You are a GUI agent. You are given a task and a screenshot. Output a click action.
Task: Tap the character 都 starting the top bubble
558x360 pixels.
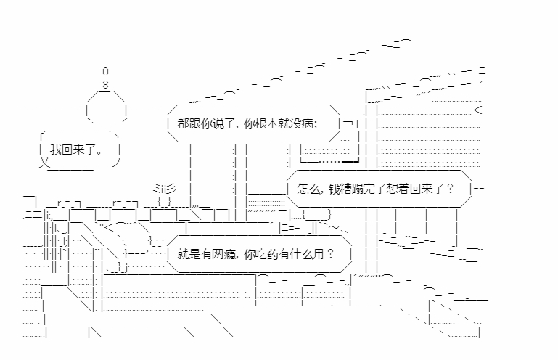[x=182, y=123]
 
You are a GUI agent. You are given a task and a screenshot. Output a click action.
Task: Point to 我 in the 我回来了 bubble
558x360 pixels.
[x=55, y=150]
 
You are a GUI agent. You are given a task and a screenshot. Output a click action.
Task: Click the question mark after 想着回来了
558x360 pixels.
[x=450, y=189]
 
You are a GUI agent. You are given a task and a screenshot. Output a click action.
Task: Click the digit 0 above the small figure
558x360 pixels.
[x=106, y=72]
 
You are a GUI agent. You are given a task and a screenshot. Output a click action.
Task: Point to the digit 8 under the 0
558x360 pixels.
[x=106, y=84]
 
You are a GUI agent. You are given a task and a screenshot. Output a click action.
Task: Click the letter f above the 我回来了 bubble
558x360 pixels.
[x=41, y=137]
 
